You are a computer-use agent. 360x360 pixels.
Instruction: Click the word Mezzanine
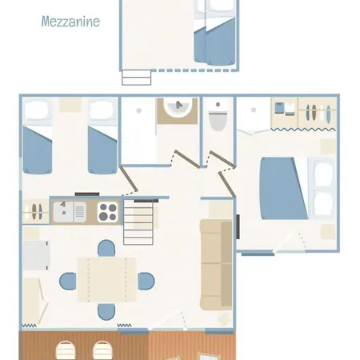point(70,22)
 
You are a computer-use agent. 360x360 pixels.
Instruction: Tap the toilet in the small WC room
point(218,117)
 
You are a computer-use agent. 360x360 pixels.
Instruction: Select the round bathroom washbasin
point(178,107)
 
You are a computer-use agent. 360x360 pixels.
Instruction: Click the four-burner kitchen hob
point(108,212)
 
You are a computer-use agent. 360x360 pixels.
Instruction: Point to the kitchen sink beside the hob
point(70,212)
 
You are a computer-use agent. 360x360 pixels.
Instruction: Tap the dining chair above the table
point(106,248)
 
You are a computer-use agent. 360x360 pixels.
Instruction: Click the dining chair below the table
point(106,311)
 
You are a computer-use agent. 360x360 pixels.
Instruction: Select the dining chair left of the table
point(68,281)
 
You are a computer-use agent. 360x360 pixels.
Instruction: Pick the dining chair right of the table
point(146,281)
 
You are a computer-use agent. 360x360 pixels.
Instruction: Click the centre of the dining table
point(107,280)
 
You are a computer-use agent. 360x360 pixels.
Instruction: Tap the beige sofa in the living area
point(216,265)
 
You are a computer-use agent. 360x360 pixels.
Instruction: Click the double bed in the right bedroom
point(297,189)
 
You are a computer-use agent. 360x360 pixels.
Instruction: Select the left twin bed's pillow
point(37,110)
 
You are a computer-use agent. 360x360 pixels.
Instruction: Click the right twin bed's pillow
point(102,110)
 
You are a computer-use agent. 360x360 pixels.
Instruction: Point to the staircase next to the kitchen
point(138,222)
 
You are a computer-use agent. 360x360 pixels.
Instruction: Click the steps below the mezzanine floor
point(137,78)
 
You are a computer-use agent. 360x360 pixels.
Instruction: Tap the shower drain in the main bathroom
point(138,110)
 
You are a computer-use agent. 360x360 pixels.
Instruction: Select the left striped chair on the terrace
point(66,350)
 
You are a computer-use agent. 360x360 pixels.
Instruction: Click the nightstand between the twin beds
point(70,105)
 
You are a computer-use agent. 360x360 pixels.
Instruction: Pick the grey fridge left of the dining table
point(36,256)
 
